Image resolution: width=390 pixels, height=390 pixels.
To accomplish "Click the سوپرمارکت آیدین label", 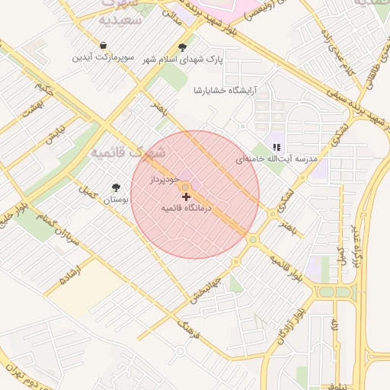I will (x=103, y=58).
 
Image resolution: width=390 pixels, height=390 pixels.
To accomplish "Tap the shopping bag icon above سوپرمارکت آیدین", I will (x=103, y=46).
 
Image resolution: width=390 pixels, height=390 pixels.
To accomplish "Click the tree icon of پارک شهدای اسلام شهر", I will (x=181, y=46).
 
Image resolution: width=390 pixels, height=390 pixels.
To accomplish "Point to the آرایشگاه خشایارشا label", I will (x=225, y=90).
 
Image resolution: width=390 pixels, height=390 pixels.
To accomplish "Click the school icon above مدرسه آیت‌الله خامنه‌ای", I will (x=277, y=146).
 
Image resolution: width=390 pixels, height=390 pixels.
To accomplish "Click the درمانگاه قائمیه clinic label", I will (x=187, y=207).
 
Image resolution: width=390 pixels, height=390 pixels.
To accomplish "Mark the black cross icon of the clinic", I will (x=187, y=197).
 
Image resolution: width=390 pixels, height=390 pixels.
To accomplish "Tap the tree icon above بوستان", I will (x=116, y=187).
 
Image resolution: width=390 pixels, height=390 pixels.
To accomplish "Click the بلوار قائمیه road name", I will (x=286, y=267).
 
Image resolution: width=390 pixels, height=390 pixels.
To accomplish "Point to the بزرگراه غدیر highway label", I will (x=354, y=244).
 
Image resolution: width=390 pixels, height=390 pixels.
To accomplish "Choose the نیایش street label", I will (x=53, y=136).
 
